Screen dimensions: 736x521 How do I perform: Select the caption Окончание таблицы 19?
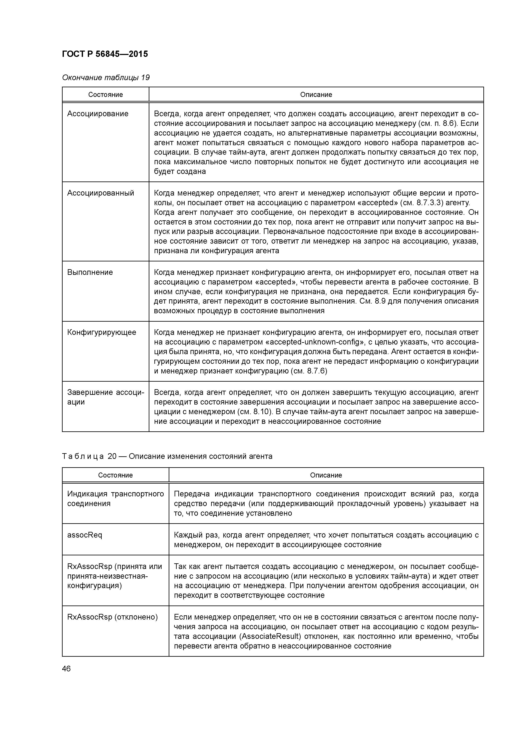click(106, 78)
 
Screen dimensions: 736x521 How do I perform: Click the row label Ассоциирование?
click(98, 114)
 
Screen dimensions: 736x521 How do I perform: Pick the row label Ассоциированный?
click(100, 193)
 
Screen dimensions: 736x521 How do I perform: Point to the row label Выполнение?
click(90, 272)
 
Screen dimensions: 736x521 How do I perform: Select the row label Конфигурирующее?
click(101, 332)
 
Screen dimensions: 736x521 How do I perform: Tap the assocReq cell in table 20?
click(84, 535)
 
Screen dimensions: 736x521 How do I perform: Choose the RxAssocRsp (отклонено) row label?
click(112, 617)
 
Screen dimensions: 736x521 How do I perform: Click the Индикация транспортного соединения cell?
click(115, 499)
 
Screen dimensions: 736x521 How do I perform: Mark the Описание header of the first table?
click(316, 95)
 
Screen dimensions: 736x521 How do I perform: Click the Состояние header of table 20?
click(115, 475)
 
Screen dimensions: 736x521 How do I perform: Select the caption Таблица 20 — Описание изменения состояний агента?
click(167, 456)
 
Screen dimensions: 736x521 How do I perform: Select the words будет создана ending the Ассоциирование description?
click(180, 171)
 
